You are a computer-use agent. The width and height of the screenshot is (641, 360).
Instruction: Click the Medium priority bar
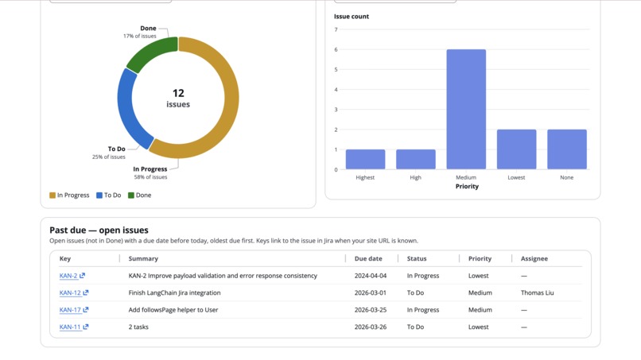pyautogui.click(x=466, y=110)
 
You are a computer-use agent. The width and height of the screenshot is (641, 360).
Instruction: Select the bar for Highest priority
pyautogui.click(x=365, y=159)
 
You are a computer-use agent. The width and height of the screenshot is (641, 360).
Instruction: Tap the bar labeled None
pyautogui.click(x=566, y=149)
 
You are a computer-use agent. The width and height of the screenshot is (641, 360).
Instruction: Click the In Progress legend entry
pyautogui.click(x=69, y=195)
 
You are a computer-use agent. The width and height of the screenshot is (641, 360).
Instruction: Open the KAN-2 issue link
pyautogui.click(x=68, y=276)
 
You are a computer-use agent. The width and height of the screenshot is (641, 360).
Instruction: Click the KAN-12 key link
pyautogui.click(x=70, y=292)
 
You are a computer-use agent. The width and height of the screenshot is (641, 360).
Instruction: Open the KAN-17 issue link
pyautogui.click(x=70, y=310)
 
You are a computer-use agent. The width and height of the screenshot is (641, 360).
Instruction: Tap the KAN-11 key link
pyautogui.click(x=70, y=327)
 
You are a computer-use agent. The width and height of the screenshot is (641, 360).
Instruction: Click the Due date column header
pyautogui.click(x=368, y=258)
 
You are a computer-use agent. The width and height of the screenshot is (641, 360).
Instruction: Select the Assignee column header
pyautogui.click(x=534, y=258)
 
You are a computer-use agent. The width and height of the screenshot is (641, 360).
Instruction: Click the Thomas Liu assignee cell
pyautogui.click(x=538, y=292)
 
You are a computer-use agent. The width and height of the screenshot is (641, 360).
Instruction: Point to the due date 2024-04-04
pyautogui.click(x=371, y=276)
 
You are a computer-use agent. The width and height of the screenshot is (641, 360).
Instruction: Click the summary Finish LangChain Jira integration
pyautogui.click(x=175, y=292)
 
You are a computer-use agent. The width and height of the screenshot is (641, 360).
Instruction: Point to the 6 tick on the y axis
pyautogui.click(x=336, y=49)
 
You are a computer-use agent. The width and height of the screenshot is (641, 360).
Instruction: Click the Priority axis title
pyautogui.click(x=467, y=187)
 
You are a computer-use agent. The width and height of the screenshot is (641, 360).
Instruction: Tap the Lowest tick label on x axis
pyautogui.click(x=516, y=177)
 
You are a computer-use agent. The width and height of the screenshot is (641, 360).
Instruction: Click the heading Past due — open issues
pyautogui.click(x=99, y=230)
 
